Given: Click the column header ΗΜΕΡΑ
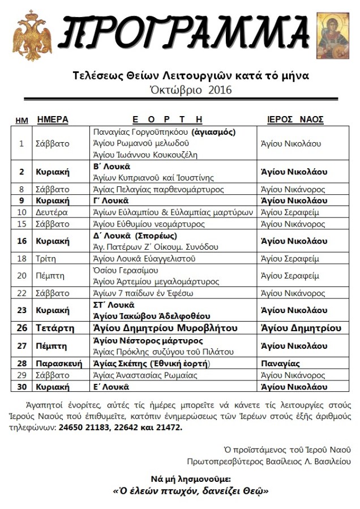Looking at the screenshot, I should [x=53, y=119].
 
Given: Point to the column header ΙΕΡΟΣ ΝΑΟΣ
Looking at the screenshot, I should [x=295, y=119].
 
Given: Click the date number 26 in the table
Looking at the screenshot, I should [x=22, y=328].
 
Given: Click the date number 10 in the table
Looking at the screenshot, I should [x=22, y=212].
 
